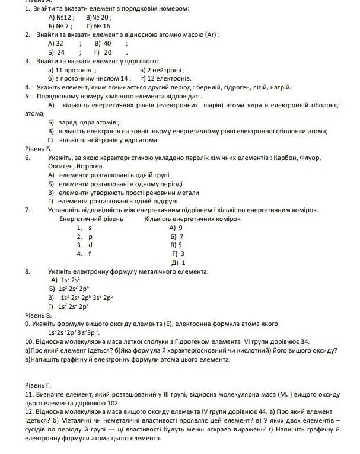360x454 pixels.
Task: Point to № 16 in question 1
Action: pyautogui.click(x=102, y=27)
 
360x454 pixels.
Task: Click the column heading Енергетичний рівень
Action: pyautogui.click(x=91, y=219)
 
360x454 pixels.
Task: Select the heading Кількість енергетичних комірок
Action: pyautogui.click(x=192, y=219)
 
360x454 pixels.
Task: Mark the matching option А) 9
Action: pyautogui.click(x=176, y=228)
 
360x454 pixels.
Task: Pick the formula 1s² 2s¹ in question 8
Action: pyautogui.click(x=70, y=280)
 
